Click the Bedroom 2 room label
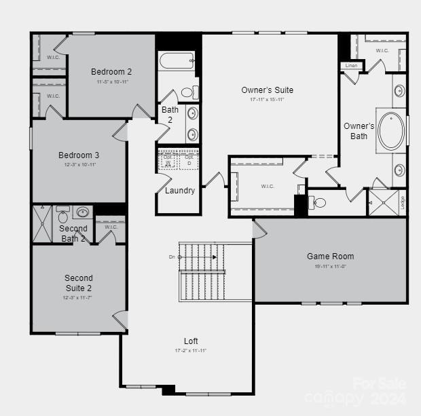point(111,72)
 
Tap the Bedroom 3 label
point(78,155)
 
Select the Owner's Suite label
point(267,90)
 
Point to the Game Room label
point(330,257)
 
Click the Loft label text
point(191,341)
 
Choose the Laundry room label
point(180,191)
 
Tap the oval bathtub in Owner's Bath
point(391,131)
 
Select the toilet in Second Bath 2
point(63,216)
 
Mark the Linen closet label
point(351,66)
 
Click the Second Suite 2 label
point(78,283)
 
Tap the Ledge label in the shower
point(403,202)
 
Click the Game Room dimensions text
point(330,267)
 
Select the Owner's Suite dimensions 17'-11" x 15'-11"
point(267,100)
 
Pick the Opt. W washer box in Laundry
point(168,160)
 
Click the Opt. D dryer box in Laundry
point(189,160)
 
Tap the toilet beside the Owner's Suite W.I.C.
point(317,202)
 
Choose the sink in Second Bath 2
point(84,212)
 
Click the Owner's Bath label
point(359,131)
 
